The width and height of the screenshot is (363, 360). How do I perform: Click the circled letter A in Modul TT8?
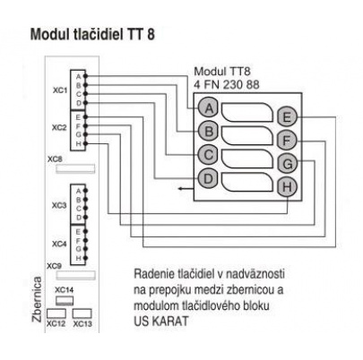click(x=207, y=107)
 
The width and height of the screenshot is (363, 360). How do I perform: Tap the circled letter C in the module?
click(x=207, y=154)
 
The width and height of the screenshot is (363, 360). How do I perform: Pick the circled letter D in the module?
click(x=207, y=177)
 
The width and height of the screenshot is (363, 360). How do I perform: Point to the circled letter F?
click(x=287, y=140)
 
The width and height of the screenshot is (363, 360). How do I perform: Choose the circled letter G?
click(x=287, y=163)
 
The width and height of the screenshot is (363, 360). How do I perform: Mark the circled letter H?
click(x=287, y=186)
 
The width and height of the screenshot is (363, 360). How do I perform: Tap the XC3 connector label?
click(x=59, y=204)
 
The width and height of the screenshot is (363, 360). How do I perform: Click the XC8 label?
click(x=56, y=159)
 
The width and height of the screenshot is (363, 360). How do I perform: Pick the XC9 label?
click(x=54, y=267)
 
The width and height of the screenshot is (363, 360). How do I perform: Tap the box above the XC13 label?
click(x=84, y=314)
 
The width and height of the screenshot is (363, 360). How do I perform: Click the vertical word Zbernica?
click(x=37, y=300)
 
